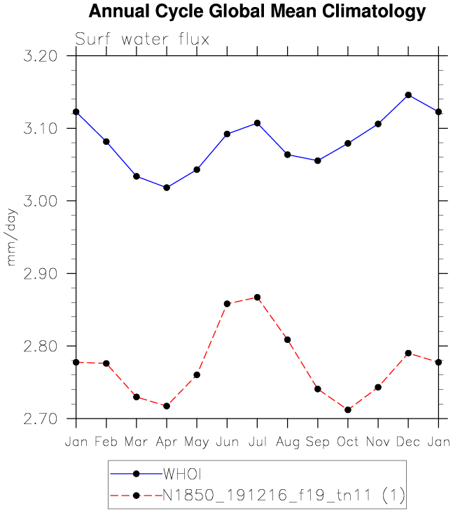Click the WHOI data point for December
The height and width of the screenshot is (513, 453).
point(408,95)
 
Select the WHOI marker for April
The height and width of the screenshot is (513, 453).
point(167,188)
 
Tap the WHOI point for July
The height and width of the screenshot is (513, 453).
point(257,123)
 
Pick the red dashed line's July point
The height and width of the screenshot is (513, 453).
point(257,297)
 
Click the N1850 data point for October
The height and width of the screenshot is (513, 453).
point(348,409)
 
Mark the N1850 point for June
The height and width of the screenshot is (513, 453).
point(227,304)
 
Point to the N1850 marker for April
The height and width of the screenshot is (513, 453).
point(167,406)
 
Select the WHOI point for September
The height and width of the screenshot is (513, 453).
point(317,161)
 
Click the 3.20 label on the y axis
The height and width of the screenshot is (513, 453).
point(41,56)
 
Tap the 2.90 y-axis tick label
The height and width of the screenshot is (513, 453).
point(41,274)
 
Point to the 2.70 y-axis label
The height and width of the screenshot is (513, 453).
point(41,419)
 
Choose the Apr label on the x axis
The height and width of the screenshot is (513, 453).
point(167,442)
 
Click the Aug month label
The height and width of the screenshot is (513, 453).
point(288,442)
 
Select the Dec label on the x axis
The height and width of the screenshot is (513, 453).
point(408,442)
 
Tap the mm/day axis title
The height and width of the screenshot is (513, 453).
point(11,237)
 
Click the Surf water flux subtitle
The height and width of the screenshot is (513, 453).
point(142,39)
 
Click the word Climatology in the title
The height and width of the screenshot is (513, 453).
point(374,12)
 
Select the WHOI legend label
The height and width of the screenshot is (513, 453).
point(182,474)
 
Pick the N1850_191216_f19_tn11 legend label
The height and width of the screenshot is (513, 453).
point(267,495)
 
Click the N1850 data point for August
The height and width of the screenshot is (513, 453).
point(287,339)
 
